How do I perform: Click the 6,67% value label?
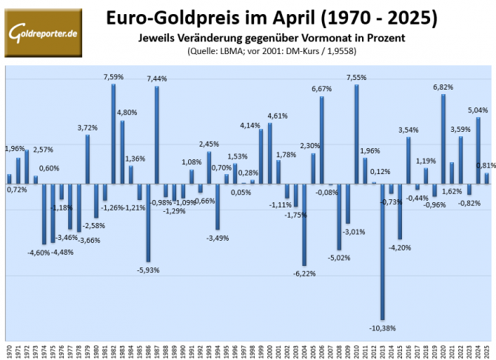pos(321,88)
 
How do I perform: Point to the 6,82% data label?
pos(443,87)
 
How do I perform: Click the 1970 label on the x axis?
pos(9,350)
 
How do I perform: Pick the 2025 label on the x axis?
pos(486,350)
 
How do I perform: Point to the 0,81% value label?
pos(486,165)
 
